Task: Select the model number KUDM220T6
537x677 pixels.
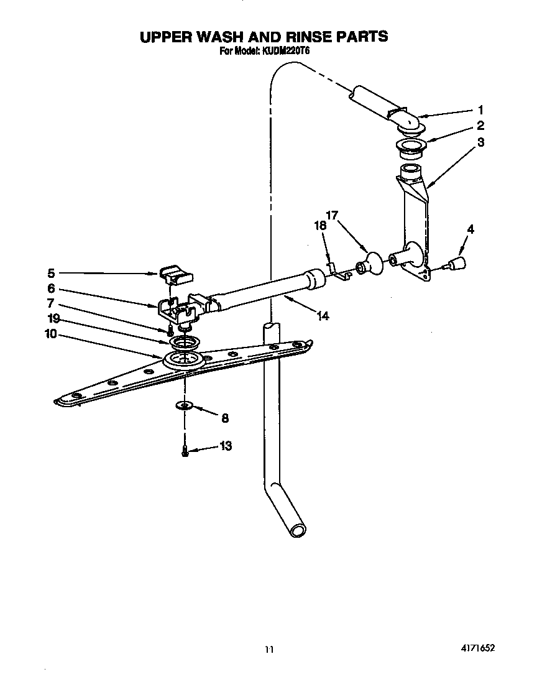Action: pos(282,52)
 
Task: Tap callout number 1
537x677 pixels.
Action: pos(480,108)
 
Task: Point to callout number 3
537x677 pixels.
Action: pos(480,142)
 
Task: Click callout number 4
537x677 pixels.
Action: pos(470,229)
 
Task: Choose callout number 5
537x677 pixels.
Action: pos(51,273)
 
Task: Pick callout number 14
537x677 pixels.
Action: pos(322,316)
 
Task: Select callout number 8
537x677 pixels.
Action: pos(224,418)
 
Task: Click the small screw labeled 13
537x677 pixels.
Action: pos(185,453)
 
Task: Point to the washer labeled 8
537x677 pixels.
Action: pos(185,406)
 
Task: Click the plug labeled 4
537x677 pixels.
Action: pos(458,263)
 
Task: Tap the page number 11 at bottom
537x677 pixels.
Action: pos(268,650)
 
